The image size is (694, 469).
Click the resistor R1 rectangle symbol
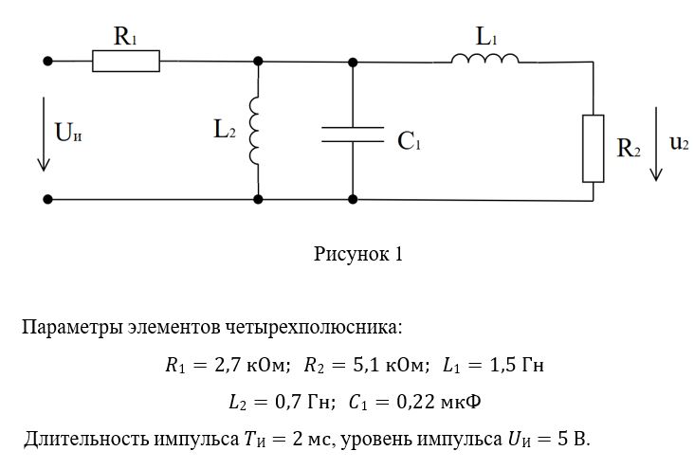click(x=126, y=62)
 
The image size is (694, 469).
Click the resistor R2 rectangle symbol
click(x=593, y=148)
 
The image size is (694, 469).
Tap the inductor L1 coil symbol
click(x=484, y=60)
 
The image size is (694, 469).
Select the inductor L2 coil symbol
click(x=255, y=130)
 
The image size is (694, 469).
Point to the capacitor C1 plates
click(x=353, y=134)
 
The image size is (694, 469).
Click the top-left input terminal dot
click(x=47, y=62)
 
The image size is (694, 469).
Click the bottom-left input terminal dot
click(x=47, y=200)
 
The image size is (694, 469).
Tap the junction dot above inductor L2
click(x=258, y=62)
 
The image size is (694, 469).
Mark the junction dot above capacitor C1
click(x=353, y=62)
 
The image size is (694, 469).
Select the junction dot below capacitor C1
click(x=353, y=200)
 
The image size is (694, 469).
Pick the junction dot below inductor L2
click(x=258, y=200)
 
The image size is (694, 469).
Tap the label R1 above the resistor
click(x=126, y=37)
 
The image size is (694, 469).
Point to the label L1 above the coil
click(x=486, y=37)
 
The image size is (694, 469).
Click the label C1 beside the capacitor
click(x=410, y=142)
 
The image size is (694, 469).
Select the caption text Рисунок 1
click(x=358, y=254)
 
